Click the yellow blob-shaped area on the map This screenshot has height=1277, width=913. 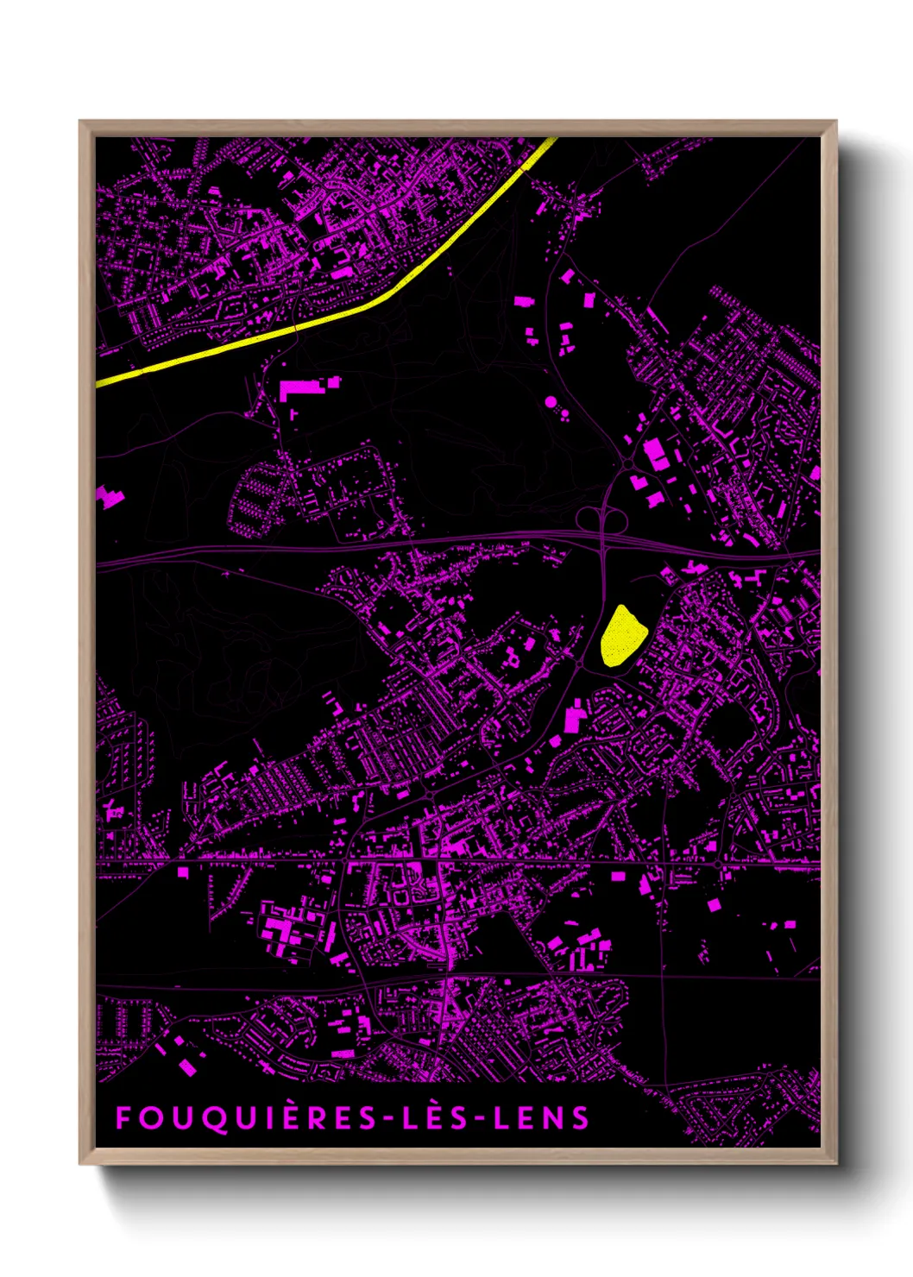tap(622, 636)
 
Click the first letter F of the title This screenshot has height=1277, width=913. tap(123, 1118)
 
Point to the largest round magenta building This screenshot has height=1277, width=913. tap(551, 402)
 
